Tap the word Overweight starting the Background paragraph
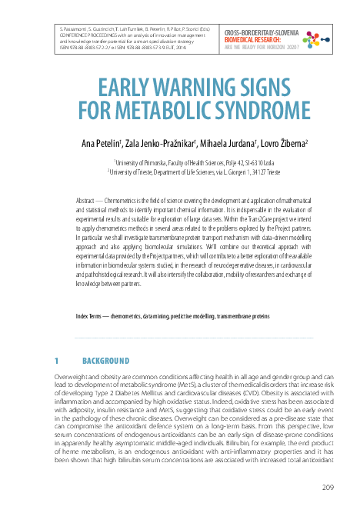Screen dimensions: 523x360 (x=71, y=375)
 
